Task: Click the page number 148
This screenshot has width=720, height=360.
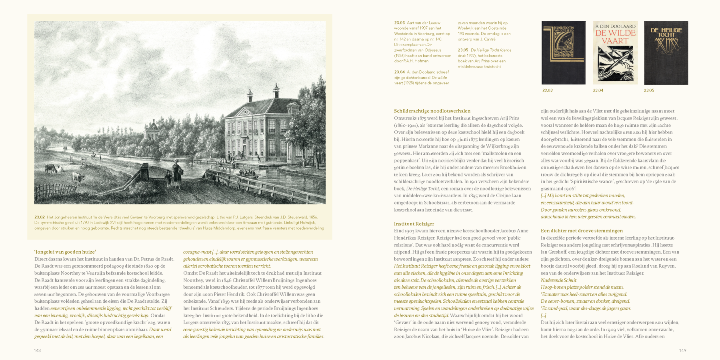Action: pyautogui.click(x=37, y=350)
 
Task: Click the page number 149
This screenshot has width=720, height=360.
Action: pyautogui.click(x=682, y=350)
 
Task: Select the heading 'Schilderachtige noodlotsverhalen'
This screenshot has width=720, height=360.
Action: pyautogui.click(x=432, y=111)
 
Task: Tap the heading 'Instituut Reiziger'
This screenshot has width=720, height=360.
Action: pyautogui.click(x=414, y=224)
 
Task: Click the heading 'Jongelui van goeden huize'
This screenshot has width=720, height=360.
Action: pyautogui.click(x=65, y=252)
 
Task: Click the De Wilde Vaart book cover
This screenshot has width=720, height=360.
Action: pyautogui.click(x=615, y=53)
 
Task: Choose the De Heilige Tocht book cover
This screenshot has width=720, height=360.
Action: pyautogui.click(x=666, y=53)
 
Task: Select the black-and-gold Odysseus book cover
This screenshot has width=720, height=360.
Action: pyautogui.click(x=564, y=53)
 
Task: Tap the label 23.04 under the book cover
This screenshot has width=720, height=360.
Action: pyautogui.click(x=598, y=90)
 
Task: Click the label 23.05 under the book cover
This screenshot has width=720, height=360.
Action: pyautogui.click(x=649, y=90)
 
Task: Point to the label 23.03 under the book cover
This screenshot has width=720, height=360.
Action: pyautogui.click(x=547, y=90)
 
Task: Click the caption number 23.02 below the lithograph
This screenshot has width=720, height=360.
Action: pyautogui.click(x=39, y=217)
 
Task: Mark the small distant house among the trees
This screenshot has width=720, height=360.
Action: pyautogui.click(x=152, y=128)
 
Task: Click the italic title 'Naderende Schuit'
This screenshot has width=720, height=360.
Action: pyautogui.click(x=558, y=280)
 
